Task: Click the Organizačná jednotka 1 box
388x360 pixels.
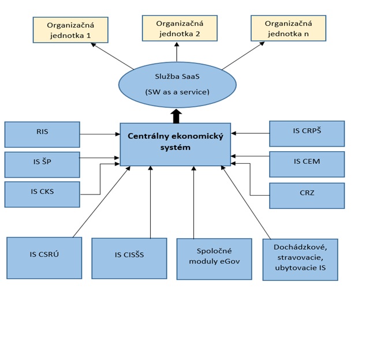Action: (70, 29)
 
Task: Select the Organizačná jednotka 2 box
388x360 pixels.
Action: (180, 27)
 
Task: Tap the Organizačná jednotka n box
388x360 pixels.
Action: (288, 27)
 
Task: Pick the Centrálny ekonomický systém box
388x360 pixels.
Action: (175, 143)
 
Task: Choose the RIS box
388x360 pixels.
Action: (42, 134)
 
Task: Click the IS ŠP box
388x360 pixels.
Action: (42, 164)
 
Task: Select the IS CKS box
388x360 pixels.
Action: (42, 194)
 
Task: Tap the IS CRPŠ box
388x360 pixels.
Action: (307, 133)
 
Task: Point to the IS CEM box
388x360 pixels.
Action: (307, 164)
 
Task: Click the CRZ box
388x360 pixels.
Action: (307, 196)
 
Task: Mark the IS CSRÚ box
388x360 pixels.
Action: (44, 257)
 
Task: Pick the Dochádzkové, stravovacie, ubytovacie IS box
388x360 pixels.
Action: (300, 259)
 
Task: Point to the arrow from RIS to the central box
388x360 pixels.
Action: (100, 134)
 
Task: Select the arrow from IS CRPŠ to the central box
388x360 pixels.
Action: (250, 133)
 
